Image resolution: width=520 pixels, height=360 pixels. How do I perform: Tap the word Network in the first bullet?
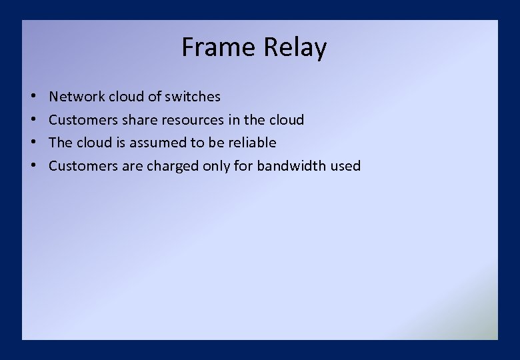(77, 97)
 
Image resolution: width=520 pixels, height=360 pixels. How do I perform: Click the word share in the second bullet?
(139, 120)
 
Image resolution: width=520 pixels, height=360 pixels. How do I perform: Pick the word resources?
(189, 120)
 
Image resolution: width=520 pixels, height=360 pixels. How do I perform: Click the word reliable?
(252, 143)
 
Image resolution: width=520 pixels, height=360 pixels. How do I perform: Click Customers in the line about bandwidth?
(83, 166)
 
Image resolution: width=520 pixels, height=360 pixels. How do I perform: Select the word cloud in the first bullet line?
(126, 97)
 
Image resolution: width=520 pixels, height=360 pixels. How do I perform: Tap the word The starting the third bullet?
(60, 143)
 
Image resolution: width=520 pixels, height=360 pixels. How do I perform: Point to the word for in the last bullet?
(243, 166)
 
